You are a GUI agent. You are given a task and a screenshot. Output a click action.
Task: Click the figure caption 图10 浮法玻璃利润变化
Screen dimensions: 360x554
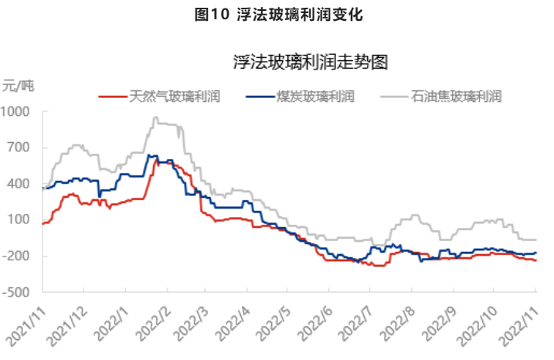(x=276, y=14)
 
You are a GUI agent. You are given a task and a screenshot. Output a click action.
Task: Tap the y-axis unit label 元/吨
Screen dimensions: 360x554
(x=19, y=85)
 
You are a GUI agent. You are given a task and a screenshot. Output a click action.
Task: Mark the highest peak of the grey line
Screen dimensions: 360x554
(x=155, y=117)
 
